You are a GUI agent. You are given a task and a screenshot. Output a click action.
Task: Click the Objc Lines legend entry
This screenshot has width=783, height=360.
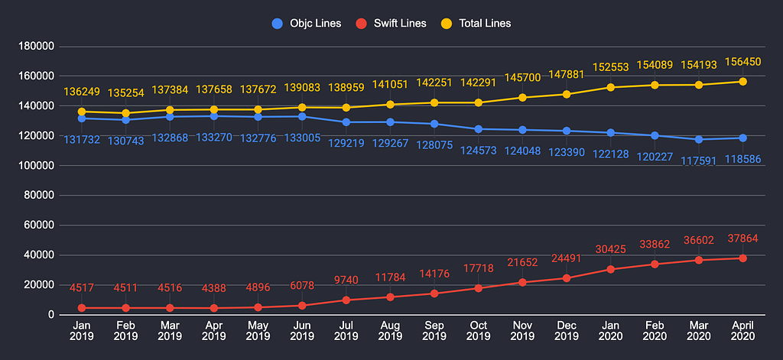point(306,24)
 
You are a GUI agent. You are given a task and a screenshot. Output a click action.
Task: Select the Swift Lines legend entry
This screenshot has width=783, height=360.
point(391,24)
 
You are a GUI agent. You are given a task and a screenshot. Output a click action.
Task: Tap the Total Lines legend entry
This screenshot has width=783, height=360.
point(476,24)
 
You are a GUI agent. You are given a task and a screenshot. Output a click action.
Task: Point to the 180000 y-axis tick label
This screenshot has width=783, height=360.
point(35,47)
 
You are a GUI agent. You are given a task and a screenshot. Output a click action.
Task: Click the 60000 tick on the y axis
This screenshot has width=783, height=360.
point(38,225)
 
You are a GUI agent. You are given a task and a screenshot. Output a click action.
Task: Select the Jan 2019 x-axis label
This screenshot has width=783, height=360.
point(81,330)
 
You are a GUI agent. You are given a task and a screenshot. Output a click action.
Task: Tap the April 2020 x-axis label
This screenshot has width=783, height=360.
point(742,330)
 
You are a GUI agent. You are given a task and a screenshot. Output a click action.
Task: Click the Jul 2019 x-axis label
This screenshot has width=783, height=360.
point(346,330)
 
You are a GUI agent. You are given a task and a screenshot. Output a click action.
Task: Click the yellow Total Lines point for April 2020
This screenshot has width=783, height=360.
point(743,81)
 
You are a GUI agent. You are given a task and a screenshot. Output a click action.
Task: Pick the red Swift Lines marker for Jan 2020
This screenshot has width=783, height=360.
point(611,269)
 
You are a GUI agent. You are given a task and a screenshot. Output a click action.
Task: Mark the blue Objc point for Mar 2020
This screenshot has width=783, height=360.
point(699,139)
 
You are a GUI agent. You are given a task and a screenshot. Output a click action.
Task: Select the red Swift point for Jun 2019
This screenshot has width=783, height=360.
point(302,306)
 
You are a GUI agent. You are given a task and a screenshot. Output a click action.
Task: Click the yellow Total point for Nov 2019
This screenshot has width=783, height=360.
point(522,98)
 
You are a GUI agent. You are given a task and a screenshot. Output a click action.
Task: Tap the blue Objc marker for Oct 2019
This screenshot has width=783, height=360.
point(479,129)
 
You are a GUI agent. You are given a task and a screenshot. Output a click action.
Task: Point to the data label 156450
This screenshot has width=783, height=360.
point(743,62)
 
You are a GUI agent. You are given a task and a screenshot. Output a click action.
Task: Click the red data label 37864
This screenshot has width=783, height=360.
point(743,238)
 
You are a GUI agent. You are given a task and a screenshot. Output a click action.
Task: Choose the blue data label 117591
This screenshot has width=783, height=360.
point(699,161)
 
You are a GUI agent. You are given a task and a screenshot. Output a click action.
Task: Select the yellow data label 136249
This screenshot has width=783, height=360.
point(82,92)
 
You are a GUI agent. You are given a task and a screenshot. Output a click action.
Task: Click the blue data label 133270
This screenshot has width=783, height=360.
point(214,138)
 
